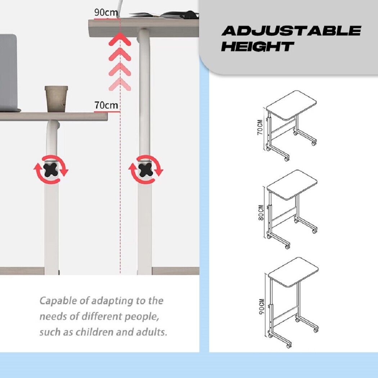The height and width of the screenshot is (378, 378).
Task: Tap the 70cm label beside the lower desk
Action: (x=106, y=105)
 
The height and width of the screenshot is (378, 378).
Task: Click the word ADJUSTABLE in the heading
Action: (x=291, y=31)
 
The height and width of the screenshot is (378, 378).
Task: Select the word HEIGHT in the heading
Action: (x=258, y=46)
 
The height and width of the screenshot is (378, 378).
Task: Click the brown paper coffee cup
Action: (x=56, y=99)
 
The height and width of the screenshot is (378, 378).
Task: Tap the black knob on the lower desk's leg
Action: (x=51, y=170)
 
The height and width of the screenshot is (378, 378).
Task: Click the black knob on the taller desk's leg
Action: (x=145, y=170)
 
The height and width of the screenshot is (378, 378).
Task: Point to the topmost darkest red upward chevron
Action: (x=120, y=39)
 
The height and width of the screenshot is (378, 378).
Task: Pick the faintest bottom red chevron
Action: (x=120, y=84)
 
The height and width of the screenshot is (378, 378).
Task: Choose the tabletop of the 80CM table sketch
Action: (x=292, y=184)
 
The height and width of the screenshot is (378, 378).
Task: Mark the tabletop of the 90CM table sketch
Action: (x=293, y=272)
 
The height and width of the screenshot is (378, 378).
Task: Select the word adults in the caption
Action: (x=152, y=332)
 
